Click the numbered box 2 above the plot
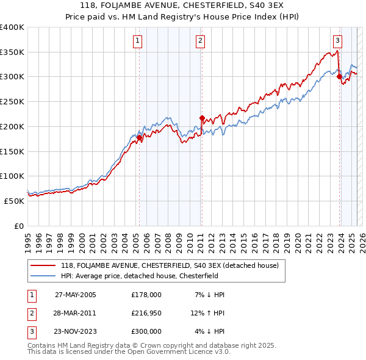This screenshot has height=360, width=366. pyautogui.click(x=200, y=41)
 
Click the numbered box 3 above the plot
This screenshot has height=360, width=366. pyautogui.click(x=337, y=41)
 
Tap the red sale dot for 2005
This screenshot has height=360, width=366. pyautogui.click(x=139, y=138)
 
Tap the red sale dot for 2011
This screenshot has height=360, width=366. pyautogui.click(x=202, y=118)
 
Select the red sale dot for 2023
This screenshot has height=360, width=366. pyautogui.click(x=339, y=77)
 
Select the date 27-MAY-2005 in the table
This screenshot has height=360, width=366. pyautogui.click(x=76, y=295)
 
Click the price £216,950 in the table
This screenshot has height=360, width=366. pyautogui.click(x=146, y=313)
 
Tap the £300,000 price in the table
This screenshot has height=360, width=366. pyautogui.click(x=146, y=331)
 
